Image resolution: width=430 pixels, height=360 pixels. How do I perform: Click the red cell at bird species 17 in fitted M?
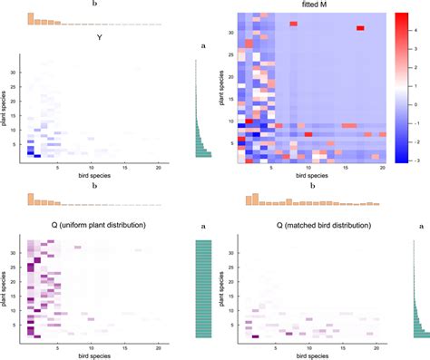(x=360, y=28)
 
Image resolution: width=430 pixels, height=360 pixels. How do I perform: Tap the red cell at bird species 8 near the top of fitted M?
(x=294, y=24)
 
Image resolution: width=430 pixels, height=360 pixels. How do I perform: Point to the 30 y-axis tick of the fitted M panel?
(x=232, y=33)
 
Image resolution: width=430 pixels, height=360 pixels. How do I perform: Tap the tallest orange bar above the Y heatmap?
(x=31, y=18)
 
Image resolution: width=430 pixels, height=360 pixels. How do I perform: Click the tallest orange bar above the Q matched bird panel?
(x=254, y=197)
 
